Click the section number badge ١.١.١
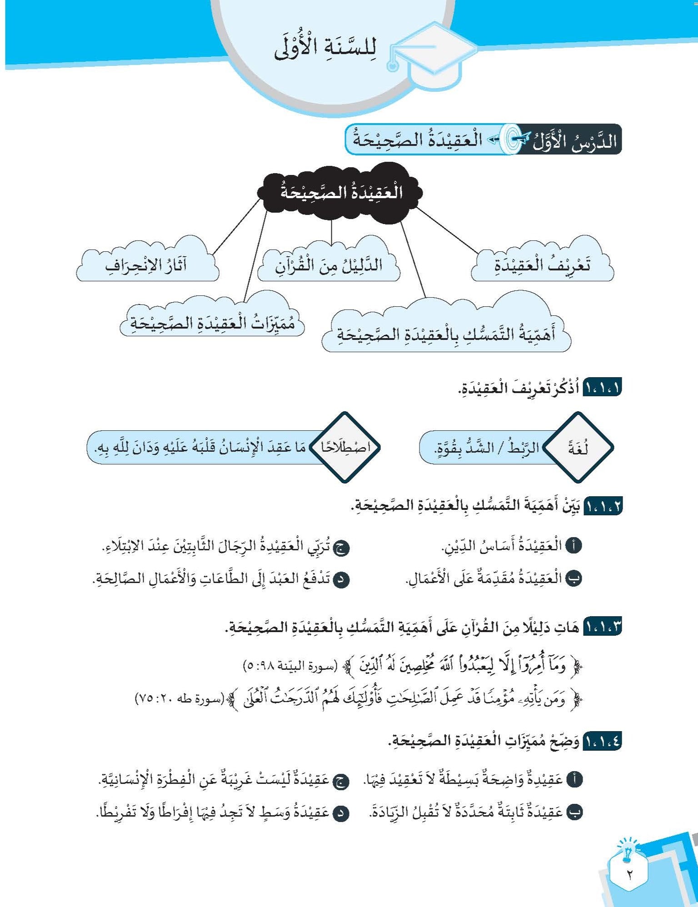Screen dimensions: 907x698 point(602,389)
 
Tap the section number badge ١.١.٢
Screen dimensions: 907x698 point(602,506)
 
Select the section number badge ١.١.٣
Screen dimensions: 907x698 point(602,627)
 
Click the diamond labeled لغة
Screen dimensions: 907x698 point(578,448)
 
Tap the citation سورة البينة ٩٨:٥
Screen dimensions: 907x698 point(291,666)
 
